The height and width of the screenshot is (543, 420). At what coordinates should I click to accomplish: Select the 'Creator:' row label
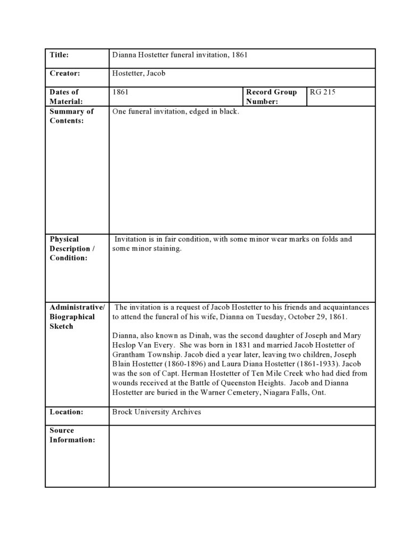65,73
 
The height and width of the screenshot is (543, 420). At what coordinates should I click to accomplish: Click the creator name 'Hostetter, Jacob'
139,73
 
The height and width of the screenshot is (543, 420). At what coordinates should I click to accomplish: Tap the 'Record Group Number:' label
271,97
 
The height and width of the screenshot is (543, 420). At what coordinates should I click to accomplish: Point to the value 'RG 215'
323,92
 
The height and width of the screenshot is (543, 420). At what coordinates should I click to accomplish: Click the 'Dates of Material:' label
64,97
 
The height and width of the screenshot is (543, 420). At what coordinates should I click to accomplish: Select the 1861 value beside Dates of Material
121,92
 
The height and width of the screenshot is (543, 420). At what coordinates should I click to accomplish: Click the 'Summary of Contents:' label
71,116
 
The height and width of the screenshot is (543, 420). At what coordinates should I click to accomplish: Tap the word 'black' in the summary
229,112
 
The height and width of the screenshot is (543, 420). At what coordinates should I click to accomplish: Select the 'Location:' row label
67,412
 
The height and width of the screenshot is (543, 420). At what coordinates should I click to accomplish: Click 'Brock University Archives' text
157,412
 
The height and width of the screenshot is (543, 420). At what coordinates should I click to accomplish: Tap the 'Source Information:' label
72,435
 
